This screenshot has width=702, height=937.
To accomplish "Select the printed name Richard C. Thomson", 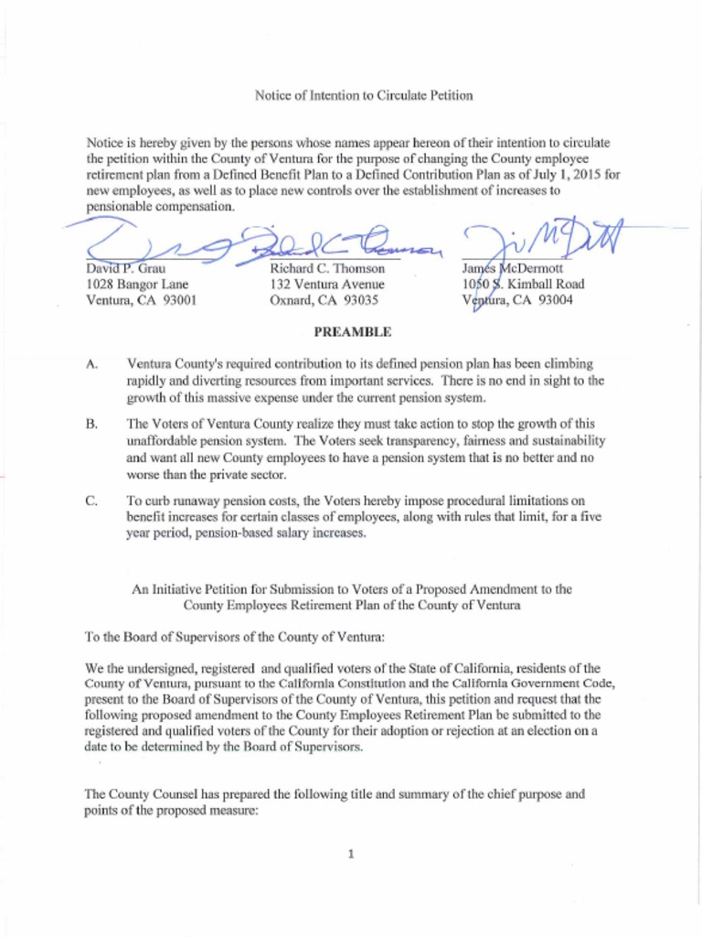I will click(327, 269).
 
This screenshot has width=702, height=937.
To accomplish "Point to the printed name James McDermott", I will click(514, 269).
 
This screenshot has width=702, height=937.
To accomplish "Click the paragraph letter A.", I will click(91, 364).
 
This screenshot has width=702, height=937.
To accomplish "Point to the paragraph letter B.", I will click(91, 425).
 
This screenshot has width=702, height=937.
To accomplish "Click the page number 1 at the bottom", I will click(351, 855).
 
